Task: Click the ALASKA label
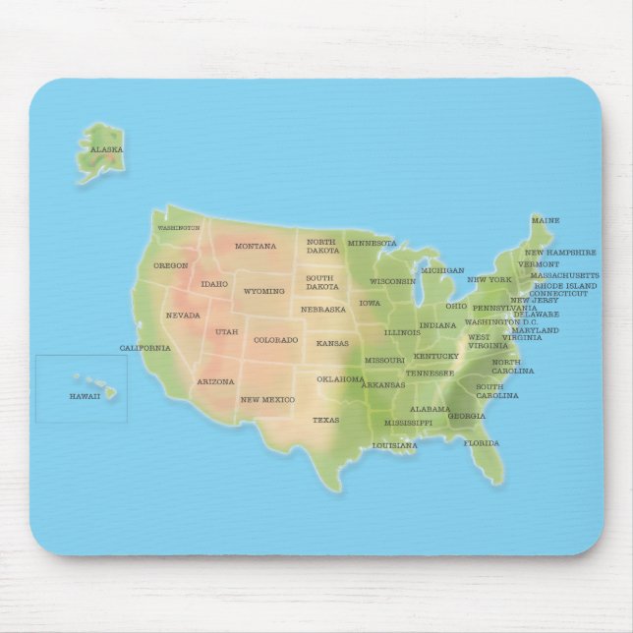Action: coord(106,149)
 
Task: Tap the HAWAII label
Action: coord(85,395)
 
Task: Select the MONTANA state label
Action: coord(256,246)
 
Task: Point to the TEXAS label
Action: coord(325,420)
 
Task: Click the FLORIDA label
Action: coord(482,443)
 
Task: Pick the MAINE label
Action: coord(546,220)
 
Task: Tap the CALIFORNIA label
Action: coord(144,348)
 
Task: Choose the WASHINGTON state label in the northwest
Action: coord(179,228)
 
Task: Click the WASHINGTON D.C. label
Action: coord(501,321)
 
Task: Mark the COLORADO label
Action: coord(275,340)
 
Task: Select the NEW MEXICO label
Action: coord(267,399)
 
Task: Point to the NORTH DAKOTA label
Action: coord(322,246)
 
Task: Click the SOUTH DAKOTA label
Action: coord(321,282)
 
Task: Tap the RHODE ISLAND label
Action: coord(565,285)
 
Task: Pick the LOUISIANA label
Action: coord(394,445)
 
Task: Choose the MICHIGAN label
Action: coord(442,270)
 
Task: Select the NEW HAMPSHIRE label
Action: coord(560,253)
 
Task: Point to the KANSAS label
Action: coord(332,343)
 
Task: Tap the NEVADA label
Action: coord(183,316)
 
